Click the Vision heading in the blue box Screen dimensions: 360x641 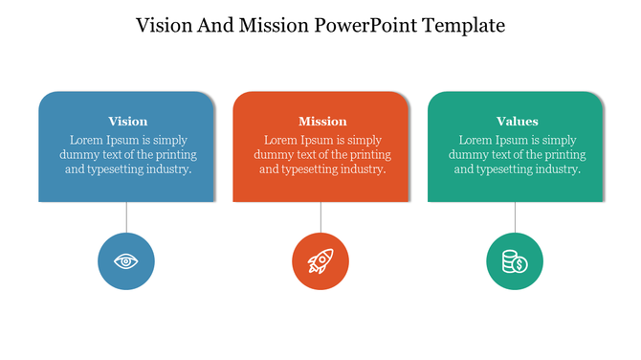click(x=127, y=122)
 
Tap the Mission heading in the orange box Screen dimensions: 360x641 click(x=322, y=122)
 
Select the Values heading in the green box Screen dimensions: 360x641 click(x=517, y=122)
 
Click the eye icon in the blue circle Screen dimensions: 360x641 click(x=126, y=260)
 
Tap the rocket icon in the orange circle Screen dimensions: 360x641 click(x=320, y=260)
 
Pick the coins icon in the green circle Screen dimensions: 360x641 click(x=515, y=260)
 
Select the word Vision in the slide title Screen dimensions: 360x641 click(x=166, y=25)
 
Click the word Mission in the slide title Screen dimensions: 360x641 click(x=272, y=25)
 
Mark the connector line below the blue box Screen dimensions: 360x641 click(x=126, y=217)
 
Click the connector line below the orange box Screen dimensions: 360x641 click(x=320, y=217)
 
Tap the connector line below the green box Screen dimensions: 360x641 click(x=515, y=217)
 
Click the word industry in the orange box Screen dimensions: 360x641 click(x=359, y=169)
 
